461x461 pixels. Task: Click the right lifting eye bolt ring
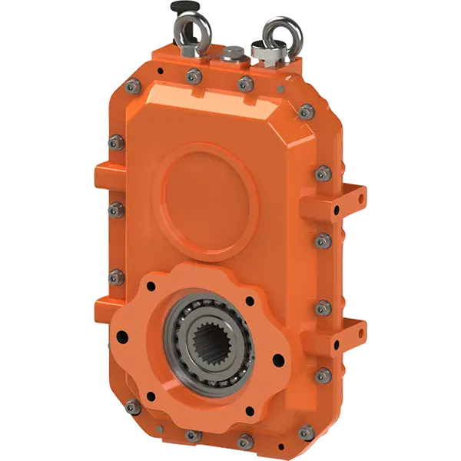[x=275, y=34]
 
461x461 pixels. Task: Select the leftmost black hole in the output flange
[x=120, y=334]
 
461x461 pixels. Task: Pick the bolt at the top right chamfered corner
[x=306, y=113]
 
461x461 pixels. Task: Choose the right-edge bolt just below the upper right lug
[x=323, y=240]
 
